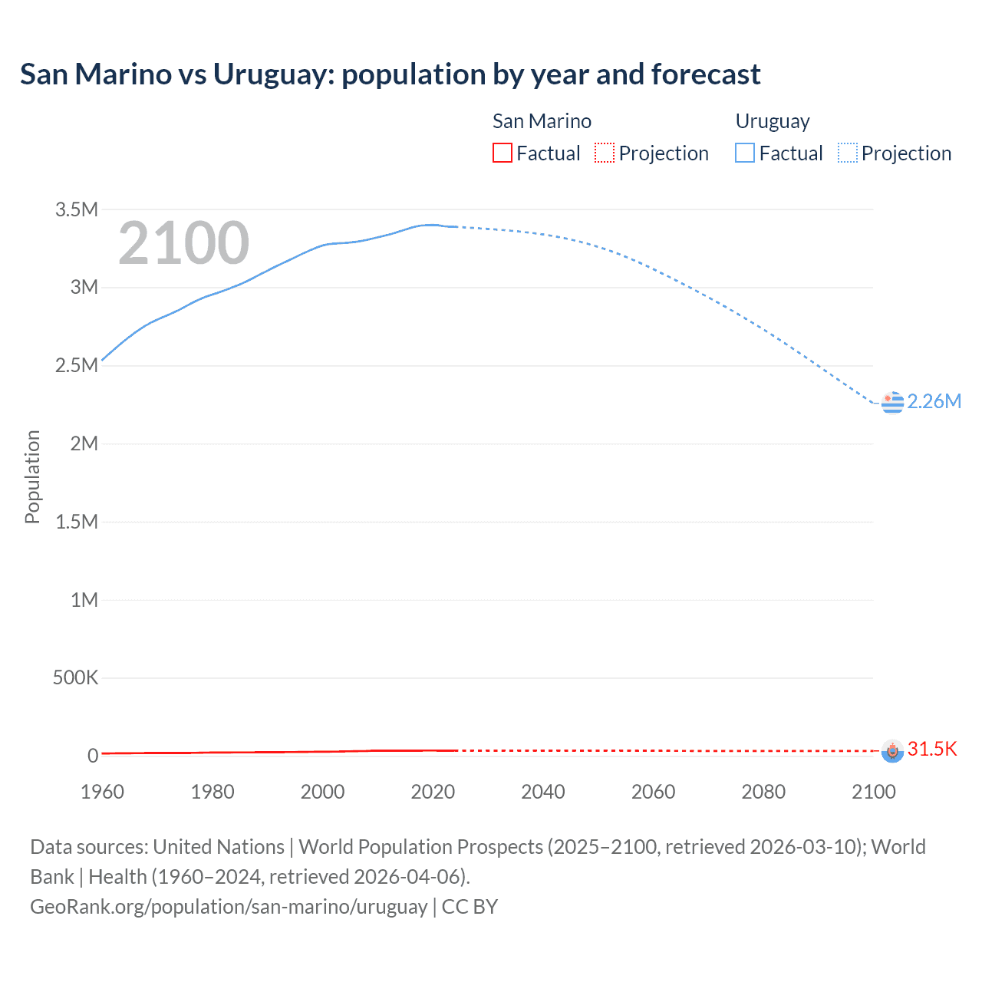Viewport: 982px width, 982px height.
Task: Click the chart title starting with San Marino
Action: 390,74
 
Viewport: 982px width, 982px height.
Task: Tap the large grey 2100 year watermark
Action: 183,243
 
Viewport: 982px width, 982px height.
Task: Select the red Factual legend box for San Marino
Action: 503,153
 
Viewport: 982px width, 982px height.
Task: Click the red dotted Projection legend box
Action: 605,153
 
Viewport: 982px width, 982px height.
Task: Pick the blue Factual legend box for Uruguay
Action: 745,153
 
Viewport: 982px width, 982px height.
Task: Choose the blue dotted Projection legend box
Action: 848,153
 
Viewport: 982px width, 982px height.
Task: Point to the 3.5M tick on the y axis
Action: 77,209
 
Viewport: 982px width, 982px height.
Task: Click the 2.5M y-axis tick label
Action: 77,366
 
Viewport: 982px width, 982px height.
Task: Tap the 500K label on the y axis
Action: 75,678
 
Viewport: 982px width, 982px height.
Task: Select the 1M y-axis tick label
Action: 84,600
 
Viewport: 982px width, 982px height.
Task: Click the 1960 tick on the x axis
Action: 102,792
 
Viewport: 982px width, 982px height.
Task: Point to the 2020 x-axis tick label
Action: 433,792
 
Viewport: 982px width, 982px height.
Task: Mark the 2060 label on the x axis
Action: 653,792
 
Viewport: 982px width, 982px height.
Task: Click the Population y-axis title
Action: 32,476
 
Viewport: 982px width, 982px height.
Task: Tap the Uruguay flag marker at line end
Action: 892,402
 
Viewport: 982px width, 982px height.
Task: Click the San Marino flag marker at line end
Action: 892,750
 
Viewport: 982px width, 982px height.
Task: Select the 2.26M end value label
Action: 934,402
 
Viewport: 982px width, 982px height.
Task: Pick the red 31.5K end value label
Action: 932,750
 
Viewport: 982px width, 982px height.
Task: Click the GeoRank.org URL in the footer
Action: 229,907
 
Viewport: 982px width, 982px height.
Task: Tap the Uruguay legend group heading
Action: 773,121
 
